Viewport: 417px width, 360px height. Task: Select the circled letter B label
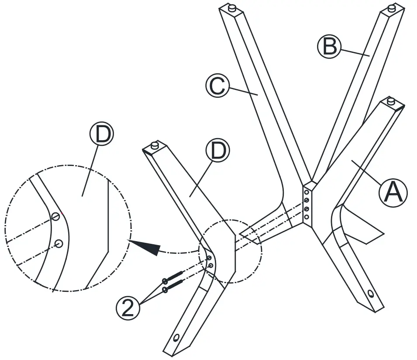pos(328,46)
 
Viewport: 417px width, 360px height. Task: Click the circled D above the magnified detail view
pos(101,135)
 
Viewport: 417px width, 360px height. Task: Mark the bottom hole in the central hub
pos(307,217)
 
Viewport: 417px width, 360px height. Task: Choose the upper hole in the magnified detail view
pos(55,216)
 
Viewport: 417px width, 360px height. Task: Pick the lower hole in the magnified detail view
pos(59,243)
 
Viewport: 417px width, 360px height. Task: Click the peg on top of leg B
pos(392,7)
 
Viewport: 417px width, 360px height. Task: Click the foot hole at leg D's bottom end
pos(176,338)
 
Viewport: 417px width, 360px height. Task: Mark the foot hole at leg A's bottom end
pos(371,293)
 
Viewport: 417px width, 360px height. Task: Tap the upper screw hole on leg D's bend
pos(210,259)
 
